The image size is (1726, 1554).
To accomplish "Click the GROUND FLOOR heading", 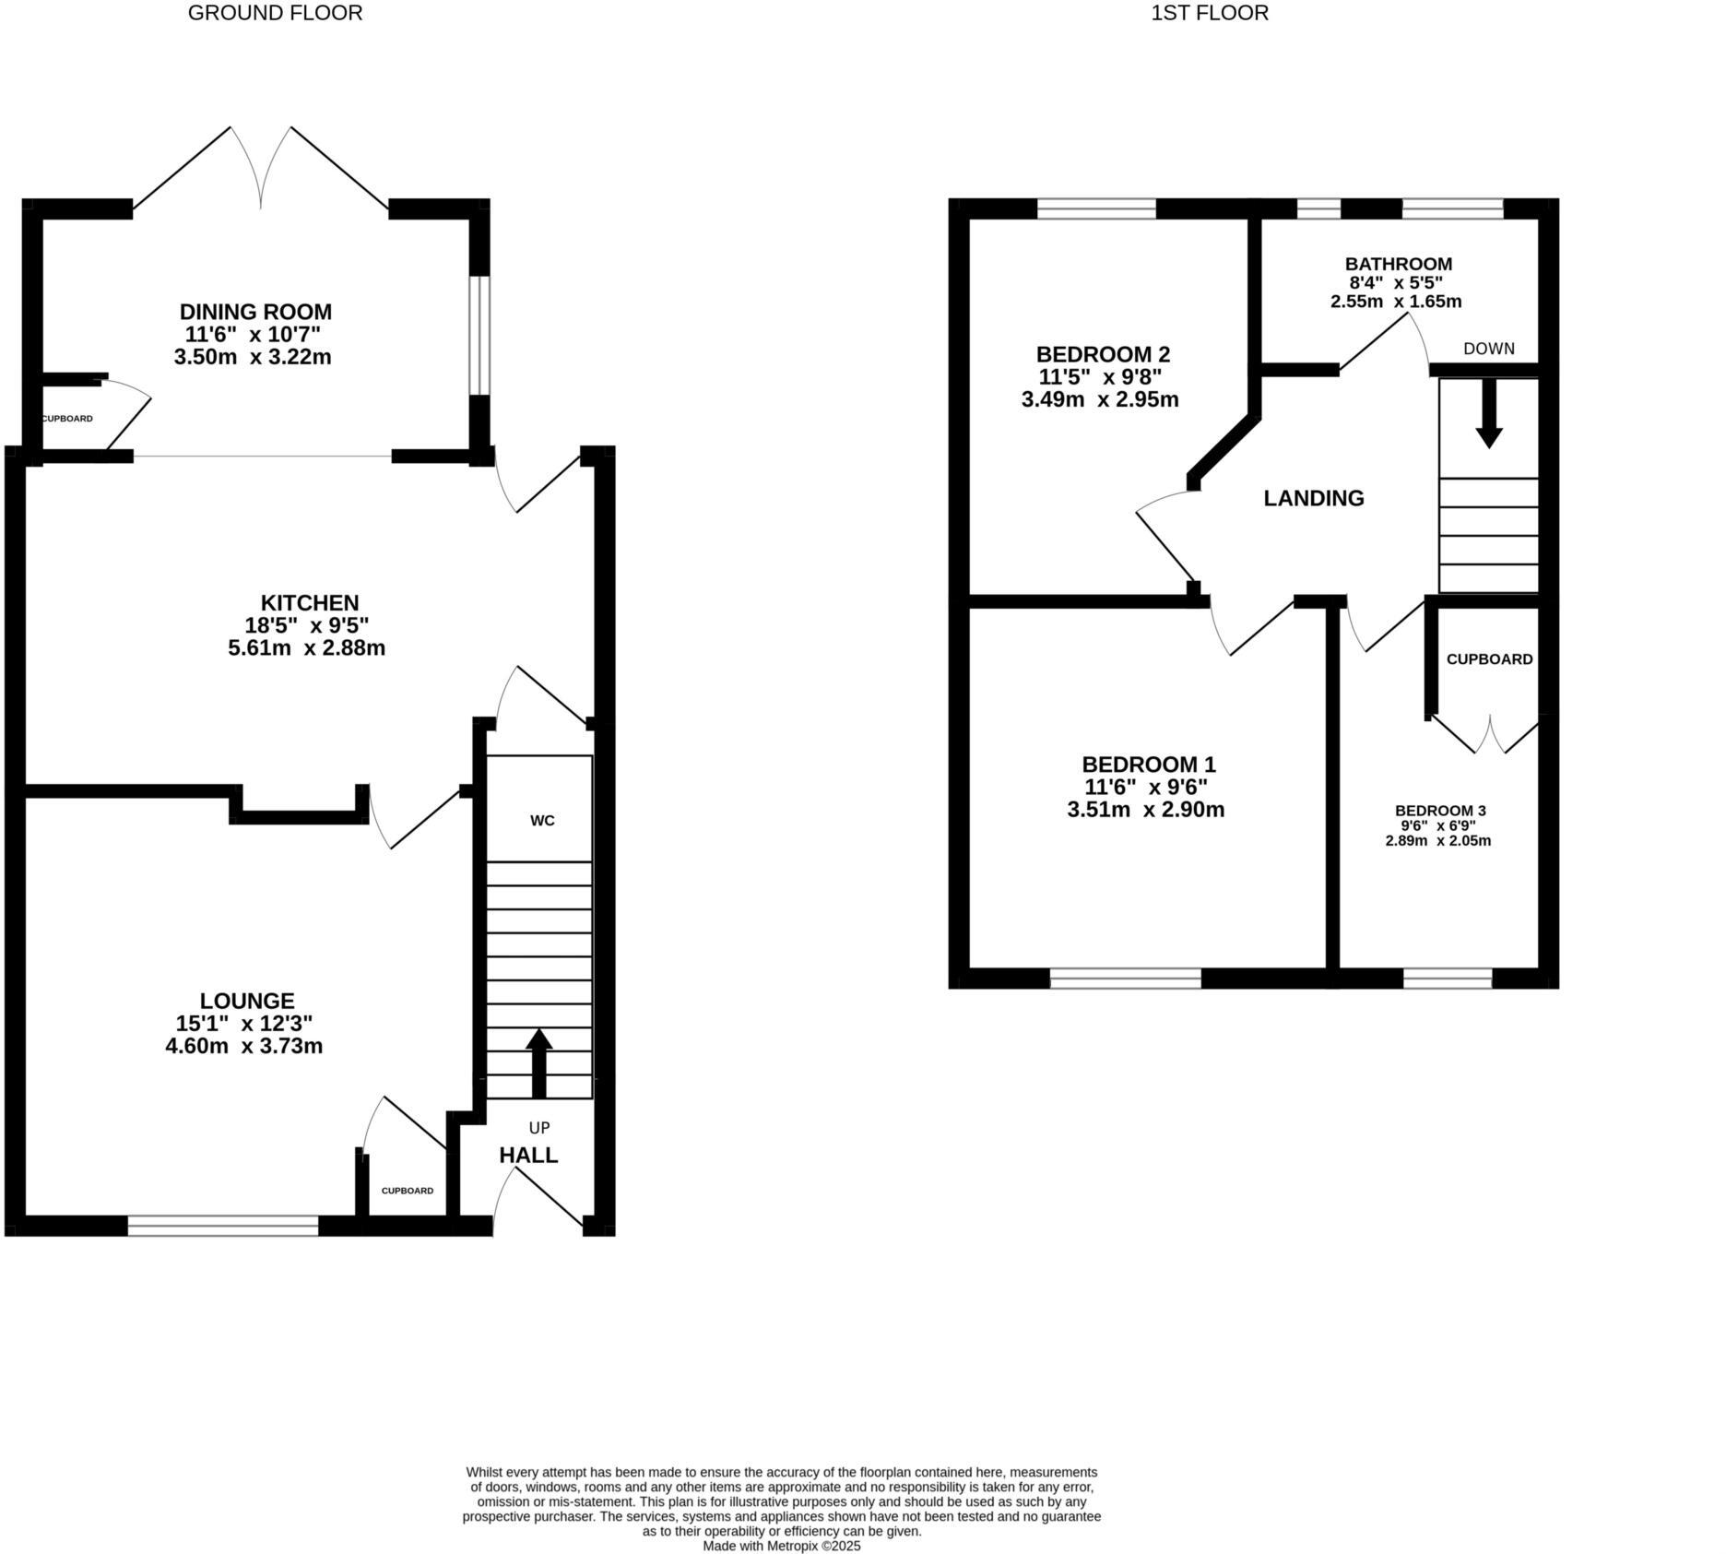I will click(x=275, y=13).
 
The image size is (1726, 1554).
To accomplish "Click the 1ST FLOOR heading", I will click(x=1210, y=13).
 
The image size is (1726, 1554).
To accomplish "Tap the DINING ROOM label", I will click(x=255, y=312).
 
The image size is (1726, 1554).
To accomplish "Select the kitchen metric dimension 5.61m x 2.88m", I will click(x=306, y=648).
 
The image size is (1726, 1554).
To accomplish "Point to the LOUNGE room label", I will click(x=247, y=1001).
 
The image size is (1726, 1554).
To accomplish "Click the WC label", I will click(x=542, y=821).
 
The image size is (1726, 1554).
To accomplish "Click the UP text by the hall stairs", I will click(x=539, y=1128).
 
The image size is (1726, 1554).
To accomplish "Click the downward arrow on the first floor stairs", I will click(x=1489, y=415).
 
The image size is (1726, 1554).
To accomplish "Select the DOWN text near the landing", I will click(x=1489, y=349).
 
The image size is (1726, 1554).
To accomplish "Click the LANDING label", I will click(x=1314, y=499).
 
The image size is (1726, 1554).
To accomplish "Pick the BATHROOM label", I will click(x=1399, y=264).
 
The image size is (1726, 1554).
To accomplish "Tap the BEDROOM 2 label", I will click(x=1103, y=354).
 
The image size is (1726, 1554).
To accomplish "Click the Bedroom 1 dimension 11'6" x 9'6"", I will click(x=1146, y=788).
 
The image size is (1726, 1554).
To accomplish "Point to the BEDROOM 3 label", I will click(x=1440, y=811).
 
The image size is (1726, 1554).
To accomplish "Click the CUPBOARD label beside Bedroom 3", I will click(x=1489, y=659).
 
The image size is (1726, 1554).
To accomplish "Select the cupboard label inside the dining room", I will click(x=67, y=419).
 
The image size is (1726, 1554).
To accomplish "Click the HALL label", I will click(x=528, y=1156).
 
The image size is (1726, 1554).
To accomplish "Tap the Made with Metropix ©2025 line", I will click(x=782, y=1546).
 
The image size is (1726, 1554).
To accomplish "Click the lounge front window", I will click(x=223, y=1226).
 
